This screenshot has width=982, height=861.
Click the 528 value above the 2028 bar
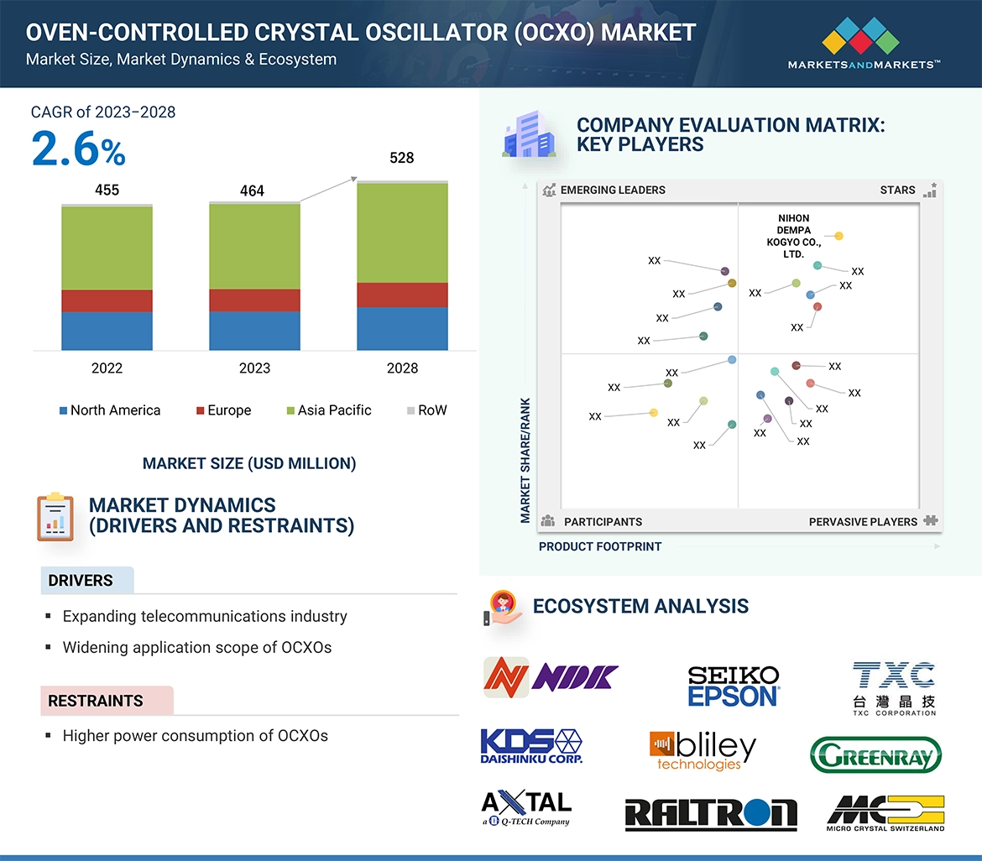tap(402, 158)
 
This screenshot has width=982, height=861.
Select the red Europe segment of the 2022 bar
tap(107, 300)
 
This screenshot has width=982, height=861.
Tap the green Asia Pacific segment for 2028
tap(402, 232)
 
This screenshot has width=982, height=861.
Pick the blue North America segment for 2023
tap(254, 331)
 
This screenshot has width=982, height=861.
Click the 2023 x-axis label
tap(254, 368)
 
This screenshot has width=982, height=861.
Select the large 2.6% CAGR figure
tap(78, 150)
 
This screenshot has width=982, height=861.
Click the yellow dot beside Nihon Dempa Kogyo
tap(839, 237)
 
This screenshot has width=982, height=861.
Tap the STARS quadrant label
tap(897, 190)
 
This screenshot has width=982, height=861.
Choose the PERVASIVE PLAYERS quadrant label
tap(863, 522)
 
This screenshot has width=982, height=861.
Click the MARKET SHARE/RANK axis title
tap(525, 460)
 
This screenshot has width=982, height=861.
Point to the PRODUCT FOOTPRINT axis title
tap(600, 546)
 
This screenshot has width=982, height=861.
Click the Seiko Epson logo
tap(734, 686)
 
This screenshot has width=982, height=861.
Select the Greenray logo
tap(875, 754)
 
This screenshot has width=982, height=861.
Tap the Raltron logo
tap(711, 814)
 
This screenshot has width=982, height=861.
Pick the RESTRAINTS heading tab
tap(96, 701)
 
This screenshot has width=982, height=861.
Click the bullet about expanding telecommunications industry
tap(205, 617)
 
